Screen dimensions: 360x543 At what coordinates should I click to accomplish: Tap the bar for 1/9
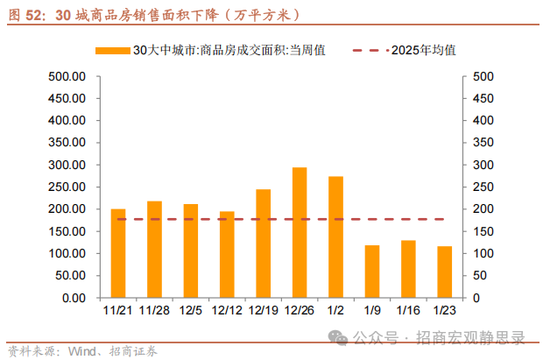coord(372,272)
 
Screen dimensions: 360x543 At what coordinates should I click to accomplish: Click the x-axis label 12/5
coord(190,310)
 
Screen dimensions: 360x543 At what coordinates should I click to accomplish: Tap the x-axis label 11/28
coord(154,310)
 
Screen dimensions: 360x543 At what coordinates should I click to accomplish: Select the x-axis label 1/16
coord(408,310)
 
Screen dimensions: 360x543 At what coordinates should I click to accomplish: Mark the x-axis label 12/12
coord(227,310)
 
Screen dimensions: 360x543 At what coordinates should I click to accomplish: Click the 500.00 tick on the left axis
coord(67,76)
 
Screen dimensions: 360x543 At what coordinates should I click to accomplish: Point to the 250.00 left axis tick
coord(67,187)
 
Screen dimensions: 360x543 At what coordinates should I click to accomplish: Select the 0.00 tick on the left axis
coord(74,298)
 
